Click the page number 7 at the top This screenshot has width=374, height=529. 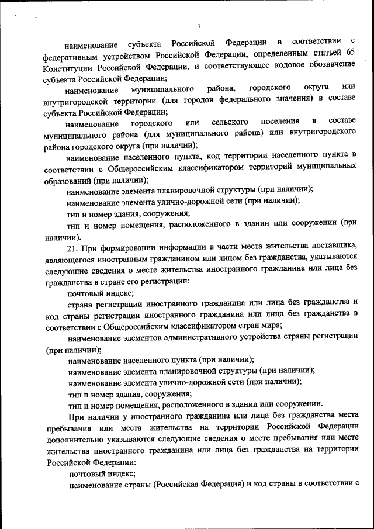[x=199, y=26]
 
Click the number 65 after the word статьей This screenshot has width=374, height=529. [x=349, y=55]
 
